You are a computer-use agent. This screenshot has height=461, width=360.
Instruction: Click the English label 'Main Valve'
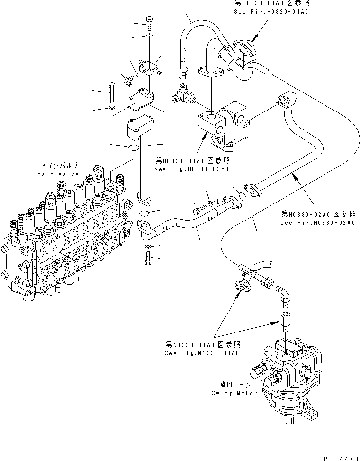point(58,174)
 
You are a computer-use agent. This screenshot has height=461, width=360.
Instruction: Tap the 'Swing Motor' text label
point(234,393)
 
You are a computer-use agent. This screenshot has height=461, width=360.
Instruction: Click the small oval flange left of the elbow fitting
point(241,287)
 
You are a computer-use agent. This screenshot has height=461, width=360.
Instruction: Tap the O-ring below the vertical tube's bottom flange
point(144,214)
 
